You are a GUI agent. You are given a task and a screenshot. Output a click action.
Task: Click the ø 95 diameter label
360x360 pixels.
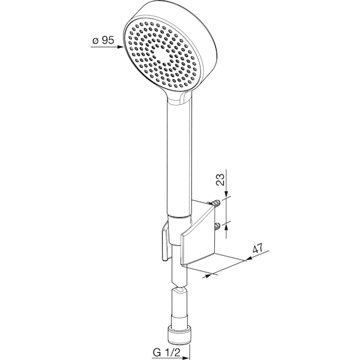(x=103, y=40)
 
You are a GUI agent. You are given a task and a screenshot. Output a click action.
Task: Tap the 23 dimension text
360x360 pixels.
(x=220, y=179)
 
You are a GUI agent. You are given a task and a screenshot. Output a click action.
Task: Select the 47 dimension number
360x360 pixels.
(x=258, y=248)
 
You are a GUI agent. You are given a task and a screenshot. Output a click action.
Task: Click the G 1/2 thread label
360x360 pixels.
(x=166, y=352)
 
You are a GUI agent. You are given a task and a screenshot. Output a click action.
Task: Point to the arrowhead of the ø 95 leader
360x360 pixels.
(x=121, y=47)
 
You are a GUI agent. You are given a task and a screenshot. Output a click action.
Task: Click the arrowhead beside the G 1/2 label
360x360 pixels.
(x=185, y=358)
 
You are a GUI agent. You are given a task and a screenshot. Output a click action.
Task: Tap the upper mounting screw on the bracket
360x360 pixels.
(x=215, y=203)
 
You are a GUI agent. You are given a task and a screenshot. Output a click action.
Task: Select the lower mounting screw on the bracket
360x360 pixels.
(x=217, y=226)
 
